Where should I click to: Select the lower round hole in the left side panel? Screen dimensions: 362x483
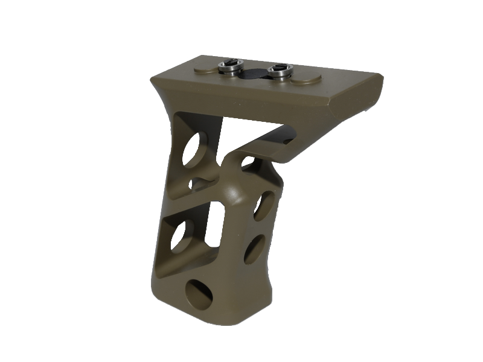179,236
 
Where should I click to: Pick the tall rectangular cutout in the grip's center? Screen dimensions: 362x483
215,220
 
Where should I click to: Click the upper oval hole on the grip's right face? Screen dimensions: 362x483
261,205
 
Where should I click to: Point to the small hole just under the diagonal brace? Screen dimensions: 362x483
248,161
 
